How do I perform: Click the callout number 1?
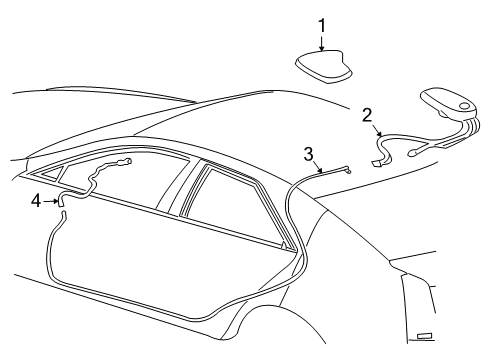click(x=322, y=24)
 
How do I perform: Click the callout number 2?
click(x=367, y=114)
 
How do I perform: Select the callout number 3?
click(x=309, y=153)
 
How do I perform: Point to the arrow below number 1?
click(x=322, y=41)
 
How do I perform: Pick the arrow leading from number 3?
click(x=318, y=165)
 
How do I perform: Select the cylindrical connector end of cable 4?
click(x=124, y=160)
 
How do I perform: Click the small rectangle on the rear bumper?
click(x=425, y=336)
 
